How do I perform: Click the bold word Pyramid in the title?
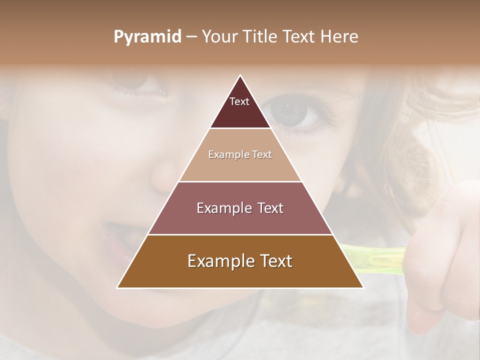147,37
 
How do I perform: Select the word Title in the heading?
260,36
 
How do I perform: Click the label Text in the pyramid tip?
239,101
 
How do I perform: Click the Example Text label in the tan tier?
240,154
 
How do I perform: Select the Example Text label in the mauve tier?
240,208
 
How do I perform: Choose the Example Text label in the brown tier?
240,261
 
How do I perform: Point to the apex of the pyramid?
240,75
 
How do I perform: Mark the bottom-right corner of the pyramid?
363,287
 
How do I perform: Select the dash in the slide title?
191,37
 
